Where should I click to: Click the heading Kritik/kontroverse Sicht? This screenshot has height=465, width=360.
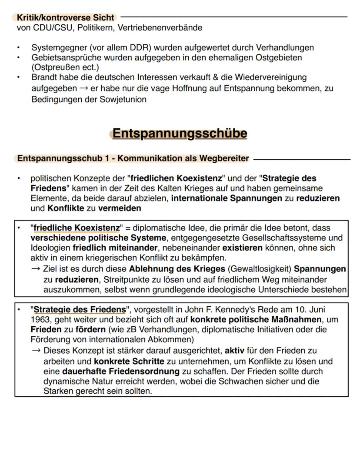pyautogui.click(x=65, y=18)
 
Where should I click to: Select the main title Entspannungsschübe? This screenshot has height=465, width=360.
pyautogui.click(x=180, y=133)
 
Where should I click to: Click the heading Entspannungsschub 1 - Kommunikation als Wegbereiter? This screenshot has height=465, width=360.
pyautogui.click(x=133, y=158)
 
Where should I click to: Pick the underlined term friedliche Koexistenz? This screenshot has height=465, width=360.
pyautogui.click(x=77, y=228)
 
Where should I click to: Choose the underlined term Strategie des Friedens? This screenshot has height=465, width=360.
pyautogui.click(x=80, y=310)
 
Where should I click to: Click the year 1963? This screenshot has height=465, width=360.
pyautogui.click(x=40, y=320)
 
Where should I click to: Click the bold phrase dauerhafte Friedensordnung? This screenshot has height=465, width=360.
pyautogui.click(x=121, y=371)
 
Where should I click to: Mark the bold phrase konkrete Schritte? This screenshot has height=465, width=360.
pyautogui.click(x=129, y=361)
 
